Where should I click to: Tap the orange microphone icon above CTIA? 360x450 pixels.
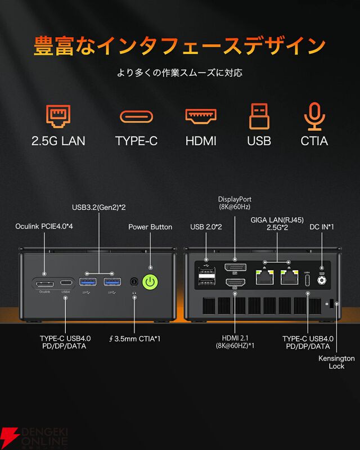tap(314, 115)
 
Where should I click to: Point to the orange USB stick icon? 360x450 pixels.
tap(259, 115)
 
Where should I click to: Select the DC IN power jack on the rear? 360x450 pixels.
tap(322, 280)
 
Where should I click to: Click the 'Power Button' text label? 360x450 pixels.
tap(150, 227)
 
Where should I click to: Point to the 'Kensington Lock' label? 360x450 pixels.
tap(336, 362)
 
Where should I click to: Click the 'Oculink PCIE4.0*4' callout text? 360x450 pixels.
tap(44, 227)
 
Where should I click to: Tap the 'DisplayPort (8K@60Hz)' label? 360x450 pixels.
tap(235, 203)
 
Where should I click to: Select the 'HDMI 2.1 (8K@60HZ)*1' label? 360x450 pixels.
tap(235, 341)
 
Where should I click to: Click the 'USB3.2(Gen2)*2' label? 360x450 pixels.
tap(99, 208)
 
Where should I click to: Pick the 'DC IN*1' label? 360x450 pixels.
tap(322, 227)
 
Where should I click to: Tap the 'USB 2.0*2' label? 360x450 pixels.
tap(206, 227)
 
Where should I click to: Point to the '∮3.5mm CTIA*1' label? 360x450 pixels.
tap(134, 338)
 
